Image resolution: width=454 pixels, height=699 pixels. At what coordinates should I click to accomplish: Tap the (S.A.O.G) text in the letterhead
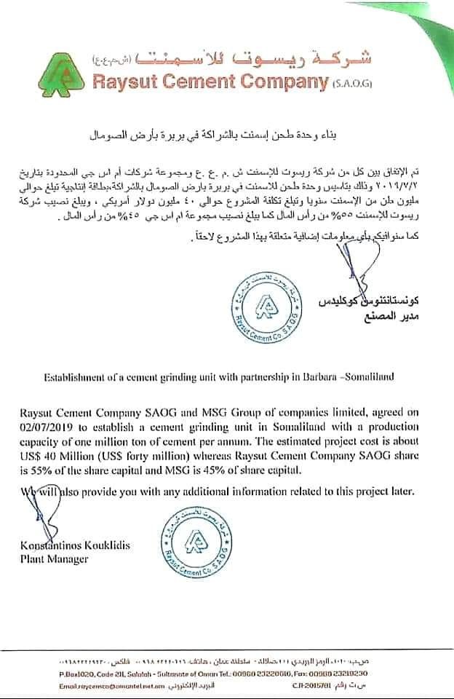point(353,84)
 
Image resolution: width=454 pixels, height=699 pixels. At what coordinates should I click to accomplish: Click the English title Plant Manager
point(55,559)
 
